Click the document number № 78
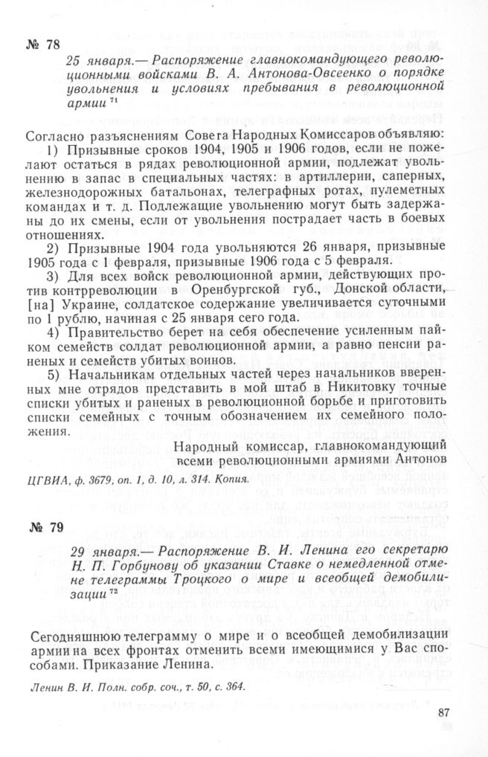point(43,42)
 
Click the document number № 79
point(42,529)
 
